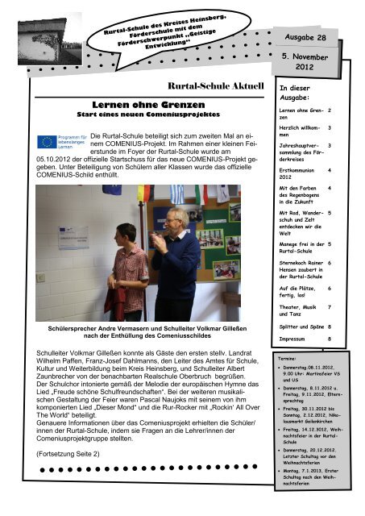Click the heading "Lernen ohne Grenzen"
pos(139,105)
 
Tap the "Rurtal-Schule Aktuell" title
pos(214,85)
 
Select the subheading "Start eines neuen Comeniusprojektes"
pos(139,116)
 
